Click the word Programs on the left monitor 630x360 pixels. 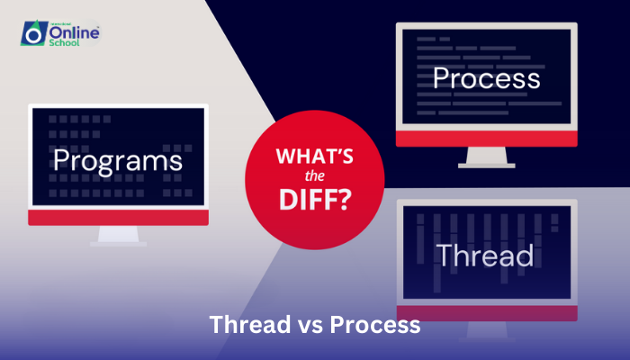click(x=117, y=162)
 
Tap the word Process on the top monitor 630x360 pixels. click(x=486, y=78)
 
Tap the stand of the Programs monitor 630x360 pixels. click(x=118, y=236)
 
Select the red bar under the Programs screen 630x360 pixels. click(x=118, y=218)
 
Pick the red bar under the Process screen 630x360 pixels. click(x=486, y=138)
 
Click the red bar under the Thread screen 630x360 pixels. click(x=487, y=313)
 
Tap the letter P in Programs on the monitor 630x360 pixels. click(x=61, y=161)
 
